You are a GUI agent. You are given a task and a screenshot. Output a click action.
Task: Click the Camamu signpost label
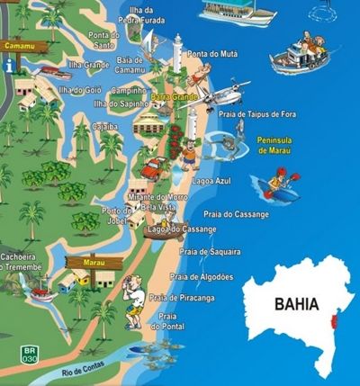(x=19, y=44)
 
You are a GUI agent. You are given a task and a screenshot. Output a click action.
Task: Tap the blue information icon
(x=9, y=65)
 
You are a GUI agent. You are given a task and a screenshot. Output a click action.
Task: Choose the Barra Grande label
(x=169, y=94)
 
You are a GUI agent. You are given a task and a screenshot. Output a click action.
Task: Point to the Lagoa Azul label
(x=211, y=181)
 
